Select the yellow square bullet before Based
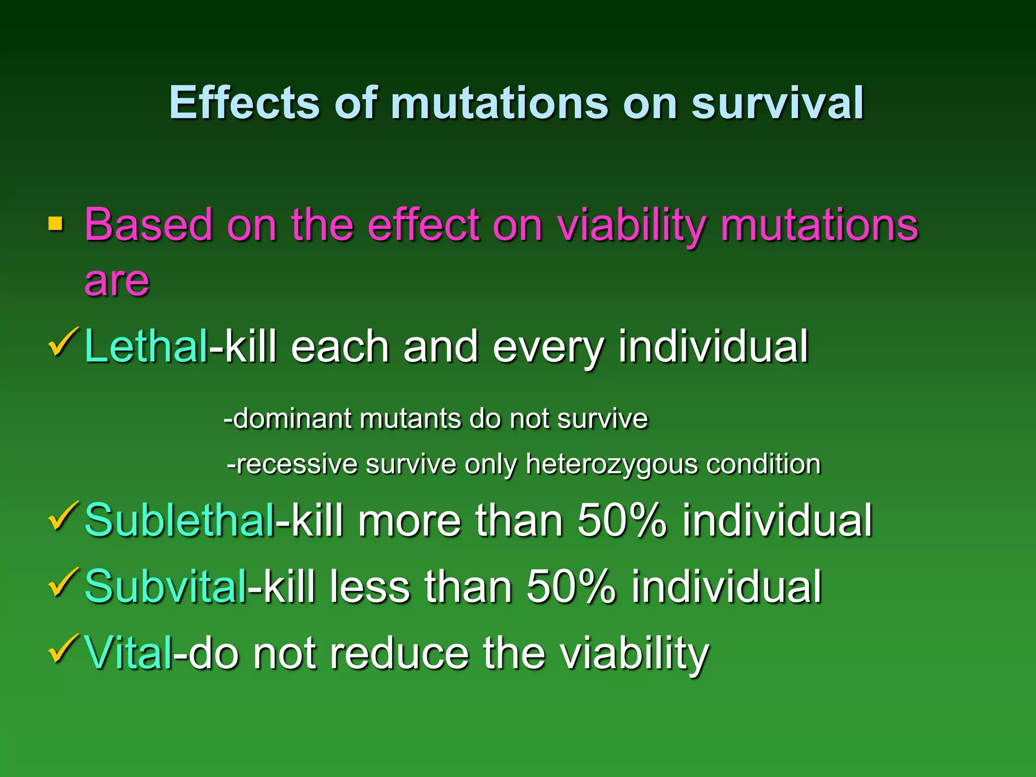click(x=55, y=224)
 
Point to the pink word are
click(x=117, y=281)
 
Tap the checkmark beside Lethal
click(x=63, y=343)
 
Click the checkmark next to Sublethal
click(x=63, y=516)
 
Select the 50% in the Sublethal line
click(x=622, y=521)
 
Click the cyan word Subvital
click(x=165, y=587)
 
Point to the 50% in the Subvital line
click(x=571, y=587)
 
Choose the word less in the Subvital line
click(x=369, y=587)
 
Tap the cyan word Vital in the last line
click(x=128, y=653)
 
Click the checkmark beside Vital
click(x=63, y=649)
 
